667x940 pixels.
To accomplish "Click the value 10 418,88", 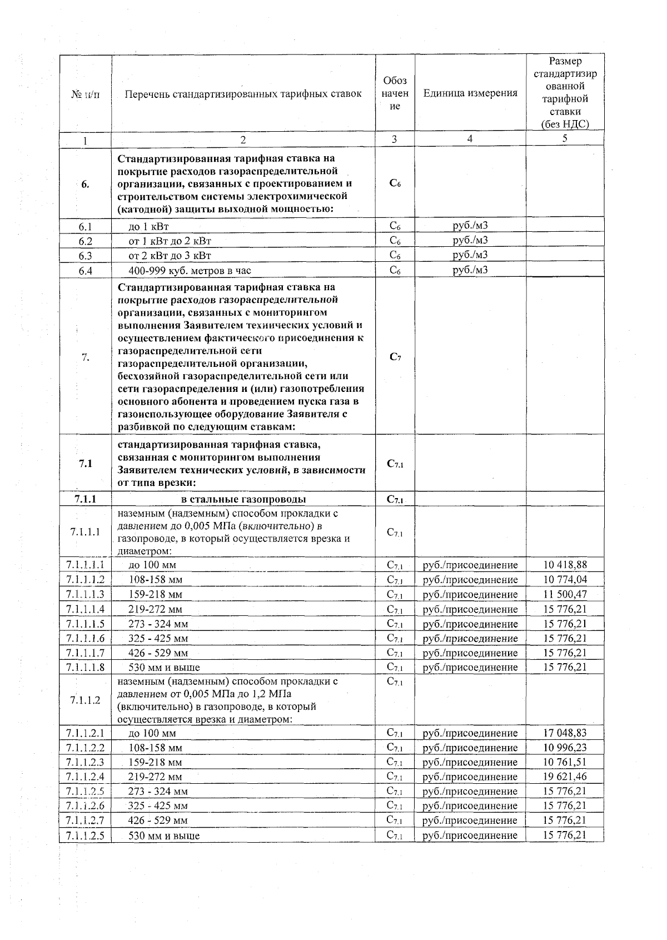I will tap(565, 565).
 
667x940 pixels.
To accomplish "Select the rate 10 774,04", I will tap(565, 579).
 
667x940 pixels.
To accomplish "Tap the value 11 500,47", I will tap(565, 594).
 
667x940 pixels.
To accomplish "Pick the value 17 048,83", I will tap(565, 733).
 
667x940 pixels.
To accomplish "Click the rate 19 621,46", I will tap(565, 776).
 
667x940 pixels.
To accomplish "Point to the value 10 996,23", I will tap(565, 747).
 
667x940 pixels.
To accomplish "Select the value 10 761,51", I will tap(565, 762).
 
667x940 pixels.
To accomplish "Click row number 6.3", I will tap(85, 256).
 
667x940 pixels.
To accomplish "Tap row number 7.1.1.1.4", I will tap(85, 609).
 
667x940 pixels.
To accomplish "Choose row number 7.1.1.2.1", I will tap(85, 733).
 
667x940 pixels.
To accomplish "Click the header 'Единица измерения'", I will tap(470, 93).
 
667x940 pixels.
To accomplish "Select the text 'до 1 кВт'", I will tap(148, 226).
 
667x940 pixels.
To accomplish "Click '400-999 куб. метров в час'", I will tap(190, 271).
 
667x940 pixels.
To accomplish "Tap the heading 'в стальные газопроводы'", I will tap(243, 499).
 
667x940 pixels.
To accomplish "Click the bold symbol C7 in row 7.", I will tap(395, 357).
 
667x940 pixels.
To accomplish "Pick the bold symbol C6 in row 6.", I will tap(395, 183).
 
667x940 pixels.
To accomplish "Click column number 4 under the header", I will tap(470, 139).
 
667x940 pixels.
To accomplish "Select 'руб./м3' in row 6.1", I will tap(470, 225).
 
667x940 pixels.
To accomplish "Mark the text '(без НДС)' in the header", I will tap(565, 125).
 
